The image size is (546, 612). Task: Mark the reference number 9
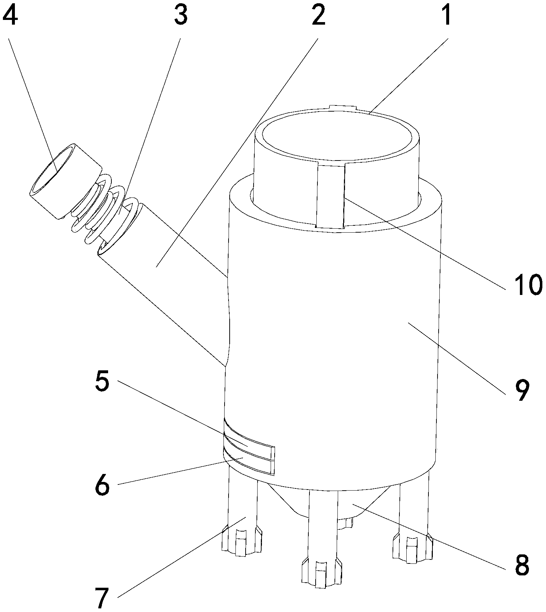click(521, 391)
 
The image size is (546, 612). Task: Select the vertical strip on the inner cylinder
click(330, 196)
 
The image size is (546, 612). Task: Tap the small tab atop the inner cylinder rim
click(342, 107)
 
